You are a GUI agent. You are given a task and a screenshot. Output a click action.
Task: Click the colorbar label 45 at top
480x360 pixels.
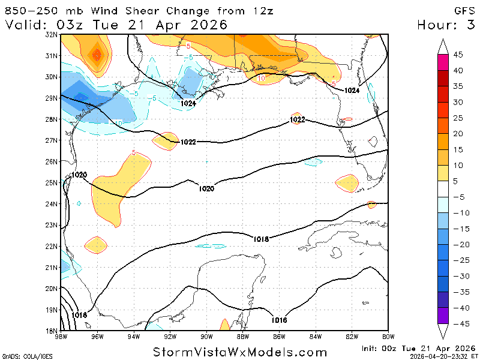coord(458,55)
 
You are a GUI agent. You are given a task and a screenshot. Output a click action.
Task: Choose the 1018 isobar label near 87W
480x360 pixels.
coord(260,239)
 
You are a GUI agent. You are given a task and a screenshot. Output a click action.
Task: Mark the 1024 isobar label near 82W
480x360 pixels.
coord(352,90)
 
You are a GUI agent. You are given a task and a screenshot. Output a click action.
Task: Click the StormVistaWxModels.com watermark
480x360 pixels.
coord(240,352)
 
